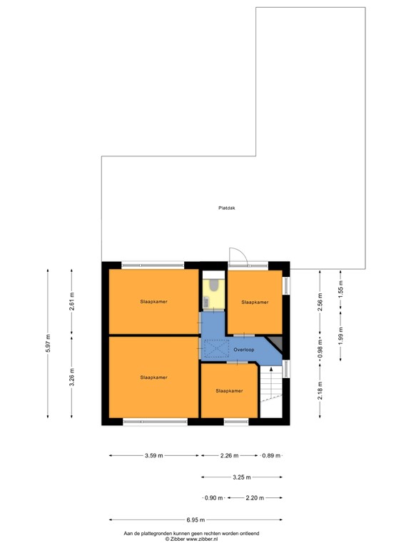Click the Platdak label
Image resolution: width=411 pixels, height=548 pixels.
click(227, 208)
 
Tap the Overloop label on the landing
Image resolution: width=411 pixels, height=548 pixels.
click(243, 350)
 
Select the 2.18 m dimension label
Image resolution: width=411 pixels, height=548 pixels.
click(320, 391)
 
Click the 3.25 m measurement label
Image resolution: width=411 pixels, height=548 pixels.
click(242, 477)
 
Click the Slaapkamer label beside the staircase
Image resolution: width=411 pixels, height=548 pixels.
click(229, 391)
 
